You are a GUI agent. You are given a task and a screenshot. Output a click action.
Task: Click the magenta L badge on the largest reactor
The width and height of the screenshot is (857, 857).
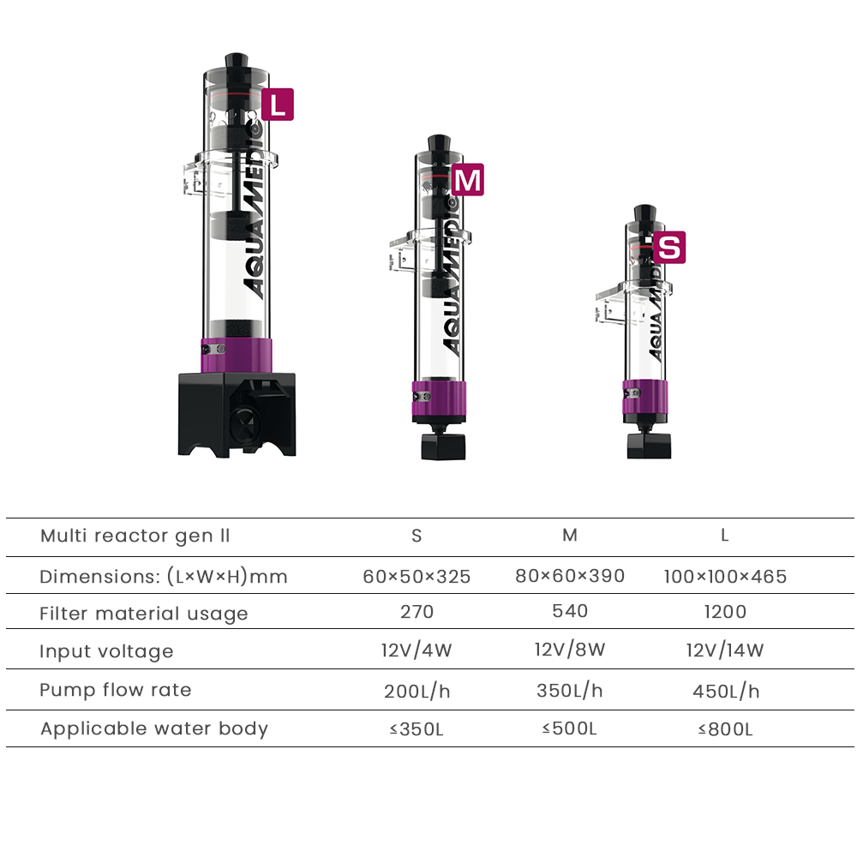278,105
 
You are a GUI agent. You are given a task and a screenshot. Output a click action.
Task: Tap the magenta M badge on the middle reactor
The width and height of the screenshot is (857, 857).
468,180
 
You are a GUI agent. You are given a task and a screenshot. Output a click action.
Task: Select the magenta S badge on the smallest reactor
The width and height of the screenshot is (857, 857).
669,248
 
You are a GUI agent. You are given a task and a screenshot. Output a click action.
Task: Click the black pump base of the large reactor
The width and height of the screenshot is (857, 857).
237,415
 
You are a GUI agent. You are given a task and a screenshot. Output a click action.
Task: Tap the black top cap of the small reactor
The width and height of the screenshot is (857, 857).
645,213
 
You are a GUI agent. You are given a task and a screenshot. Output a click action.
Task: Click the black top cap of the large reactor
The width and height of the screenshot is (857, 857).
237,61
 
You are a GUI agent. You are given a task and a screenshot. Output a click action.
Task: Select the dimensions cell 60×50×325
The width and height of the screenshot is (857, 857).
417,577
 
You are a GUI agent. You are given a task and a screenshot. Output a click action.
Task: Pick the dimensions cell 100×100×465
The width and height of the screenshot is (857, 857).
725,577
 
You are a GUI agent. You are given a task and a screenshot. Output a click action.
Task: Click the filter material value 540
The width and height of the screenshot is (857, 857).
570,611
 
